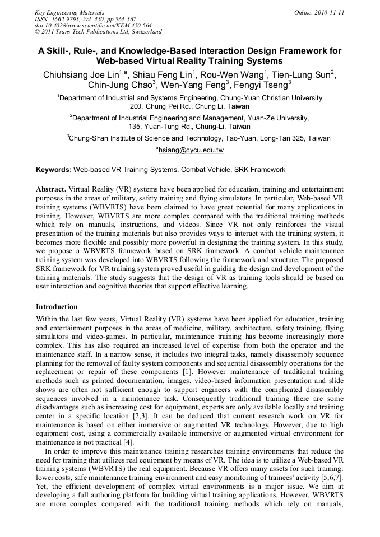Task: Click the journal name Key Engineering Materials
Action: coord(69,12)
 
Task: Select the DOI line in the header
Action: coord(93,25)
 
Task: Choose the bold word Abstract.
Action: coord(51,190)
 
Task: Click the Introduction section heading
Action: coord(57,307)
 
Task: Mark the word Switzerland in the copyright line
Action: coord(142,32)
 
